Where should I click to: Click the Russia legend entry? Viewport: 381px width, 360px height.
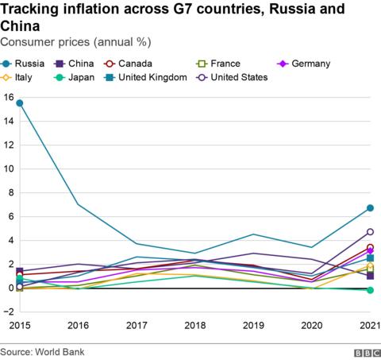(x=25, y=63)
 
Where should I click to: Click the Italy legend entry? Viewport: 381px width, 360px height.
(x=24, y=77)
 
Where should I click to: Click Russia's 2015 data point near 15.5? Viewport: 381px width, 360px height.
(x=19, y=103)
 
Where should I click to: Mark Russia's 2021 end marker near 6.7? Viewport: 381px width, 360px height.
(x=370, y=208)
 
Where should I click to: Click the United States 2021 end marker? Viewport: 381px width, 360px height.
(x=370, y=232)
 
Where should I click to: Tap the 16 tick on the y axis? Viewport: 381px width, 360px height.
(x=8, y=97)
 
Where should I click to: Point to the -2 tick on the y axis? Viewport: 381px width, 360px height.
(x=8, y=312)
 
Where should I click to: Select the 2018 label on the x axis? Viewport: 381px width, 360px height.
(x=194, y=326)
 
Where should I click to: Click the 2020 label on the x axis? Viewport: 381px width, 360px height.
(x=311, y=326)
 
